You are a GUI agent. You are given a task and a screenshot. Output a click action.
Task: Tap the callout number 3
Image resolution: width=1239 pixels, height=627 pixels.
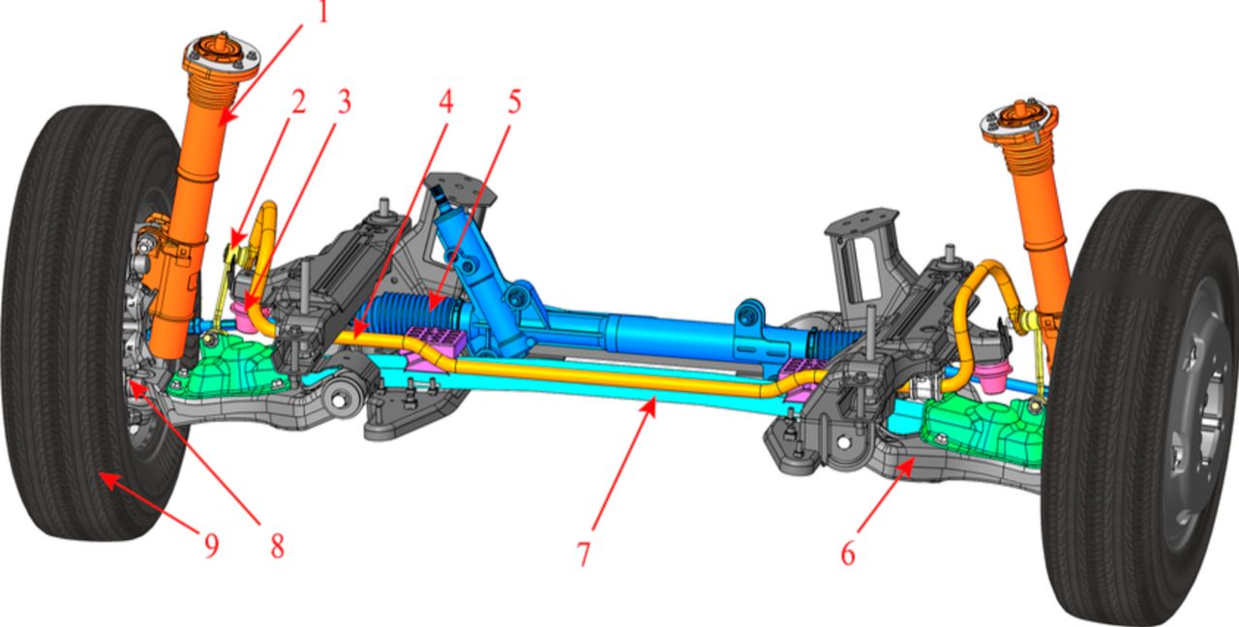tap(344, 102)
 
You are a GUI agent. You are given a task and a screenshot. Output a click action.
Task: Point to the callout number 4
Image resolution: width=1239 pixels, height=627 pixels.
tap(446, 102)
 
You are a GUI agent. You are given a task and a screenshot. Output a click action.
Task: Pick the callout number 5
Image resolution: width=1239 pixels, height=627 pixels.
tap(514, 102)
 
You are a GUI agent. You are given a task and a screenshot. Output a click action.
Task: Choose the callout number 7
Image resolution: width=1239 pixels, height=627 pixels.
tap(584, 552)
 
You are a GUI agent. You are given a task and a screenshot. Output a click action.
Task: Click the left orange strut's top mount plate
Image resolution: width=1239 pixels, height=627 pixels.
tap(223, 54)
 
